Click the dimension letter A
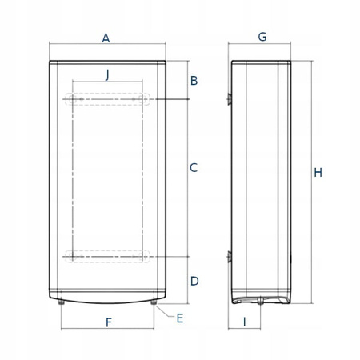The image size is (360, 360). [106, 38]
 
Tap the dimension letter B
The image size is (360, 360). [194, 81]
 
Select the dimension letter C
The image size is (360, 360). [194, 168]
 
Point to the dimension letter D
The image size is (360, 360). [194, 281]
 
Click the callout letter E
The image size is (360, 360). [180, 318]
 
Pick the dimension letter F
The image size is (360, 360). [109, 322]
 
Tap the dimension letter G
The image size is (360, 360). [262, 37]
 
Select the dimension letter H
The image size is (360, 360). [318, 173]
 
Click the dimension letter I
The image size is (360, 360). [245, 322]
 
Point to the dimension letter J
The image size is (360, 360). [107, 75]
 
